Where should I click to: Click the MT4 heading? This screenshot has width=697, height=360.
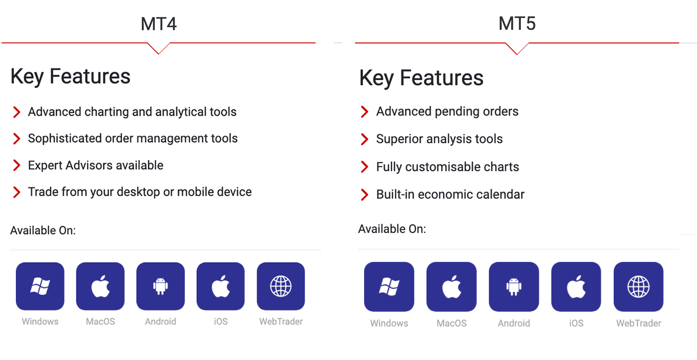(159, 24)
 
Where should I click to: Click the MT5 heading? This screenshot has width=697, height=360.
(517, 24)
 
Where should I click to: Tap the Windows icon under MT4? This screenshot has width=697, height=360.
(40, 286)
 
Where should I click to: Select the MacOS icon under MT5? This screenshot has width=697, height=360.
(451, 287)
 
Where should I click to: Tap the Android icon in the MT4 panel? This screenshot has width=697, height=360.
(161, 286)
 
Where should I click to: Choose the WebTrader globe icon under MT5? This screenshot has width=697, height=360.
(639, 287)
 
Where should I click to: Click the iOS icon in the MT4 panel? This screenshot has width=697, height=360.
(221, 286)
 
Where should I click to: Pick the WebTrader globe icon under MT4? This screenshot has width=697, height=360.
(281, 286)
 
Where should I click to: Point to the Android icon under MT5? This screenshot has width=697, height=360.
(514, 287)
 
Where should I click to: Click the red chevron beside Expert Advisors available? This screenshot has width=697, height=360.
(17, 165)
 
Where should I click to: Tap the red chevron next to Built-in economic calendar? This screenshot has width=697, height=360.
(364, 195)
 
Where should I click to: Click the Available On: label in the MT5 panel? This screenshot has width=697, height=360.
(392, 229)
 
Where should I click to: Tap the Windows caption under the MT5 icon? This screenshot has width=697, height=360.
(389, 323)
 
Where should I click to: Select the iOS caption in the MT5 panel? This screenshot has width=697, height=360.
(576, 323)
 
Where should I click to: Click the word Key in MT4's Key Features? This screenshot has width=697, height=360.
(27, 77)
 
